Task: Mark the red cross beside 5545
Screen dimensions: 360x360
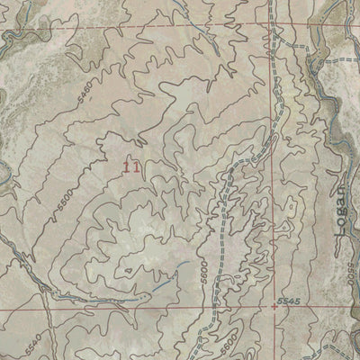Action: pos(274,306)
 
